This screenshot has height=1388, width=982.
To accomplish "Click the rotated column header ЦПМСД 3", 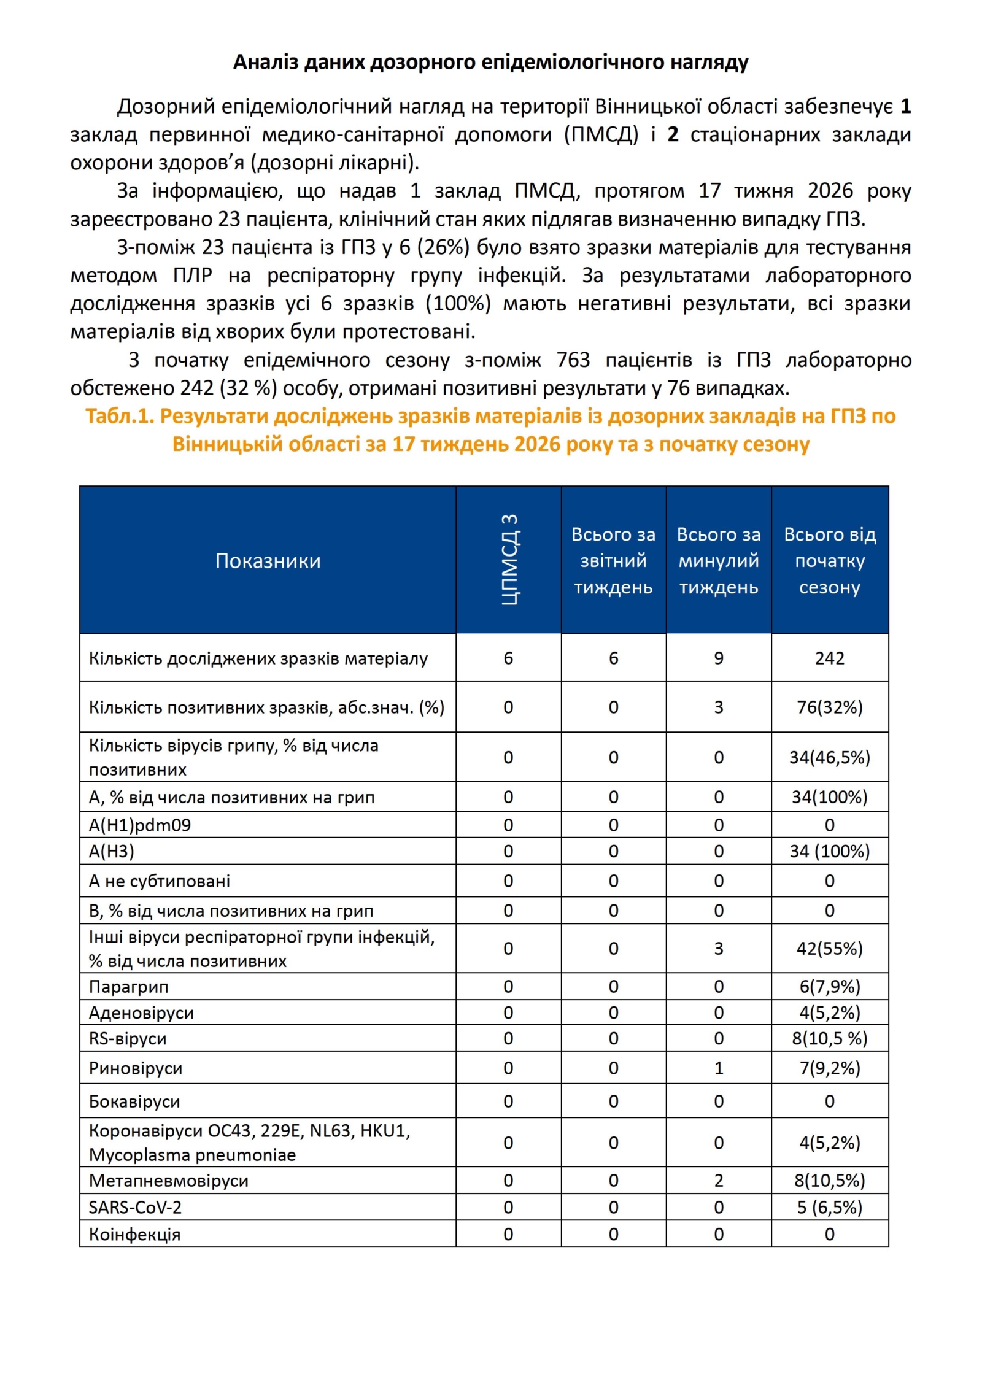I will pos(509,560).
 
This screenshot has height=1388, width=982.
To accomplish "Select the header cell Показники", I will pos(268,561).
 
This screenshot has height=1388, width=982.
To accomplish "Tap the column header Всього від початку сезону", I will pos(829,561).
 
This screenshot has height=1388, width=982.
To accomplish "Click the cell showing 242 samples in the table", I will pos(829,658).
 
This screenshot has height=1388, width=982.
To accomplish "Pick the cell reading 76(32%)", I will pos(829,707).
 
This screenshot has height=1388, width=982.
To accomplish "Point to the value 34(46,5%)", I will pos(829,757).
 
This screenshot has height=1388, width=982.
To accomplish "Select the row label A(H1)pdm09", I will pos(140,825).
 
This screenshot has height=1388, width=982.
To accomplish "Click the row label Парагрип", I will pos(129,987).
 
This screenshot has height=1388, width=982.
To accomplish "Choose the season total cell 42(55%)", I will pos(829,949).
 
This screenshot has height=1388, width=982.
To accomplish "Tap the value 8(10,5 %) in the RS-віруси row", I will pos(829,1038).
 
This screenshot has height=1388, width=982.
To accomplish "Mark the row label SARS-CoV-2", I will pos(135,1208).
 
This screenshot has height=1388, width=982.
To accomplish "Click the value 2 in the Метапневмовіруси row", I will pos(719,1181).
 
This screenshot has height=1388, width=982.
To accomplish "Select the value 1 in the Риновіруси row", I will pos(719,1068).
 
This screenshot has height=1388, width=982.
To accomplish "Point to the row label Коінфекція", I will pos(135,1235).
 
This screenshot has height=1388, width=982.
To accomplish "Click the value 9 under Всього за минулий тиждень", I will pos(719,658).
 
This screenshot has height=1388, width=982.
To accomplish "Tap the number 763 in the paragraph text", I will pos(573,360).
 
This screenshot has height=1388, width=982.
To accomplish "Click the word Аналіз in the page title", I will pos(265,62).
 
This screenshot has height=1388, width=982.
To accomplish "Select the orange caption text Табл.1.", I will pos(119,416).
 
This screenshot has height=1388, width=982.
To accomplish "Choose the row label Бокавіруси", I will pos(134,1101).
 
